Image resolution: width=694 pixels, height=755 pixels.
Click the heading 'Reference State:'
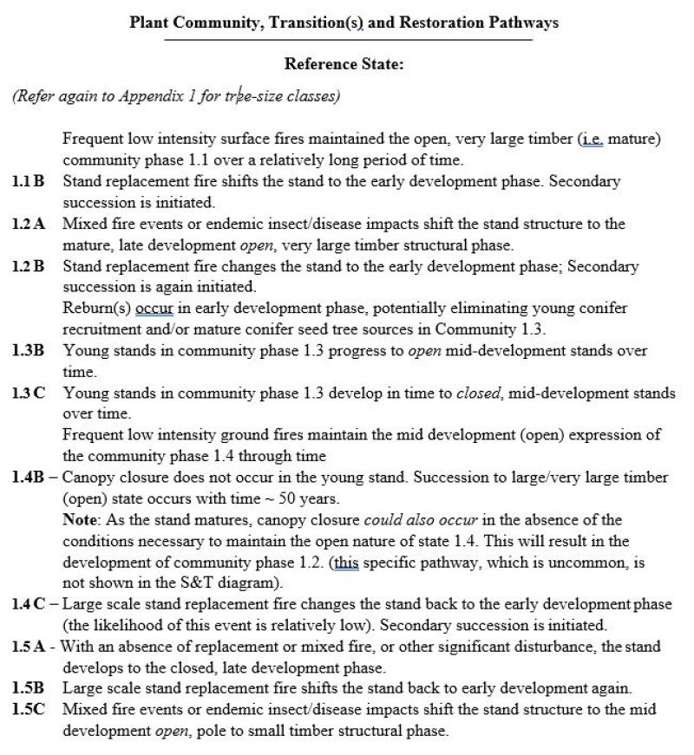[x=344, y=63]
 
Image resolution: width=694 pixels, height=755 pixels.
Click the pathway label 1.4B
[x=29, y=478]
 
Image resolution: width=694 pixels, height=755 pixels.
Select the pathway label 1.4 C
[x=29, y=604]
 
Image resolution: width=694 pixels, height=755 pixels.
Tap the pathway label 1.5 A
[x=29, y=647]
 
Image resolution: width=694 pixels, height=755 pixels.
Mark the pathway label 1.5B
[x=29, y=689]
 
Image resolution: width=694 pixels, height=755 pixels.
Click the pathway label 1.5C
[x=29, y=710]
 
